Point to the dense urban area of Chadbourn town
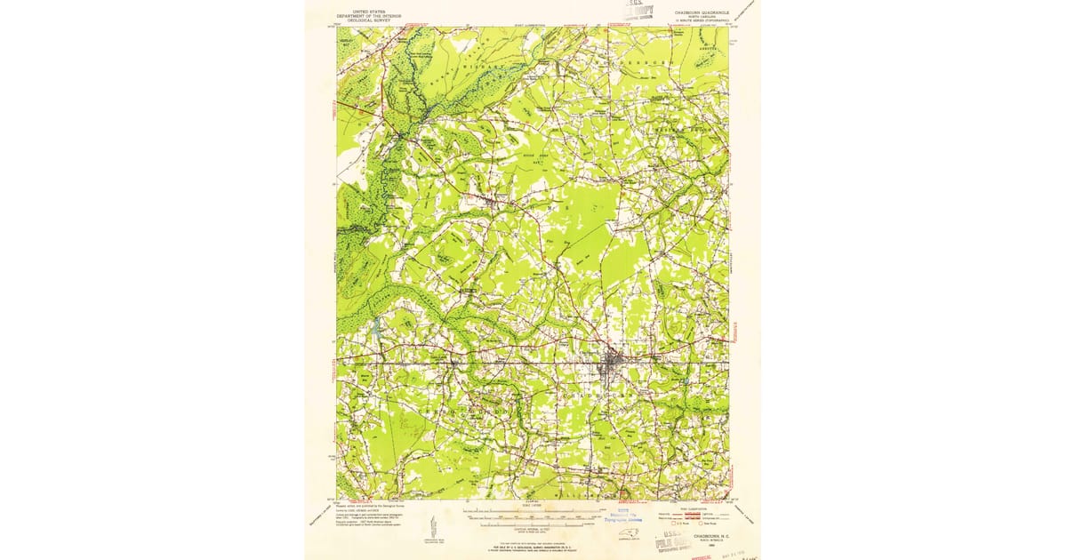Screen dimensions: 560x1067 coord(612,363)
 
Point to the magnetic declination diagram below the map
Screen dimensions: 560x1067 coord(433,524)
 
